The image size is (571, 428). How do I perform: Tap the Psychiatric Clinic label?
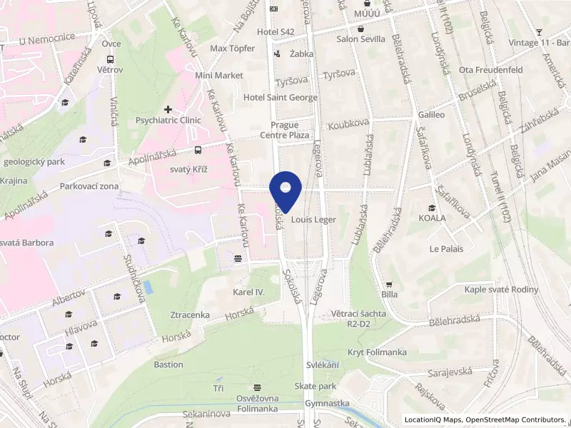[x=168, y=121]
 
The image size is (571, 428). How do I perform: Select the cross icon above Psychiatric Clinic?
[x=167, y=109]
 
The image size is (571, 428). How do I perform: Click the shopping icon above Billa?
[x=389, y=283]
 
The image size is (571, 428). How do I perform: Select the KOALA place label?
[x=432, y=218]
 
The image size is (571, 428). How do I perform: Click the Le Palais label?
[x=446, y=249]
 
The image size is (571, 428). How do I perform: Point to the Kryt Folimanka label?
[x=377, y=352]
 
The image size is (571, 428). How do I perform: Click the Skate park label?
[x=315, y=386]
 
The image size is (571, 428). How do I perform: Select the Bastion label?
[x=168, y=365]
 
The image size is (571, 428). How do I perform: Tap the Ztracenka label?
[x=190, y=315]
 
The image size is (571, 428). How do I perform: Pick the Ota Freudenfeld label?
[x=491, y=70]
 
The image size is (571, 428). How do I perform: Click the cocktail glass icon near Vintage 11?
[x=540, y=32]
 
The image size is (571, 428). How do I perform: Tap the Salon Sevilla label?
[x=361, y=39]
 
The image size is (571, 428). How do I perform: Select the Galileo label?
[x=432, y=114]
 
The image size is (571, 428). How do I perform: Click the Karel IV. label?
[x=249, y=292]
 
